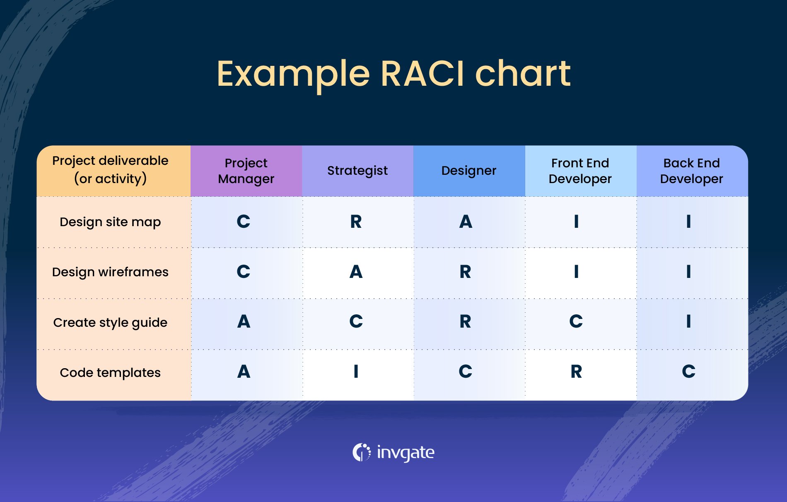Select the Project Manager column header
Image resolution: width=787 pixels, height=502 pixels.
[x=246, y=171]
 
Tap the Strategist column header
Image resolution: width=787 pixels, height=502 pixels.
[x=357, y=171]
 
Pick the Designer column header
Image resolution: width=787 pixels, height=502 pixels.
[x=468, y=171]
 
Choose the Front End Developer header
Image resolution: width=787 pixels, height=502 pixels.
[x=580, y=171]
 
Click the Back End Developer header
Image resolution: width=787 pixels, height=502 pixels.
[x=691, y=171]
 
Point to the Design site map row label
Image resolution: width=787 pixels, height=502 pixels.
[x=110, y=222]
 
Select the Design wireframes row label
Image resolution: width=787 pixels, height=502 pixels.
[x=110, y=272]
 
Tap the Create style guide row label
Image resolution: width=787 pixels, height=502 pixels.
[x=110, y=323]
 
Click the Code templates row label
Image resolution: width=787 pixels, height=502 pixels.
[x=110, y=373]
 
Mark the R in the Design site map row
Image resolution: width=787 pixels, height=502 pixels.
[x=356, y=222]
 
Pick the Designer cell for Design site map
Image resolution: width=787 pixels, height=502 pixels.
[x=466, y=222]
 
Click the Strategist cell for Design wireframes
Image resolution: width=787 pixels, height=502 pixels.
[x=356, y=272]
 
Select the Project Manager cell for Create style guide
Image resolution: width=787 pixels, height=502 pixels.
[x=244, y=322]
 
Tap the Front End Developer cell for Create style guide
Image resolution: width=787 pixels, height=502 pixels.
[x=576, y=322]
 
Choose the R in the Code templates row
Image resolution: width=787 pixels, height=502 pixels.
[x=576, y=372]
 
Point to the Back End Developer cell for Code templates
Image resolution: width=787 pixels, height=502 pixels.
[x=688, y=372]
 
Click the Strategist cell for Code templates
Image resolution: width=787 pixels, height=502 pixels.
[x=356, y=372]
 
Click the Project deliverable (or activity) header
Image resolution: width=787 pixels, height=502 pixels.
[x=110, y=170]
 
